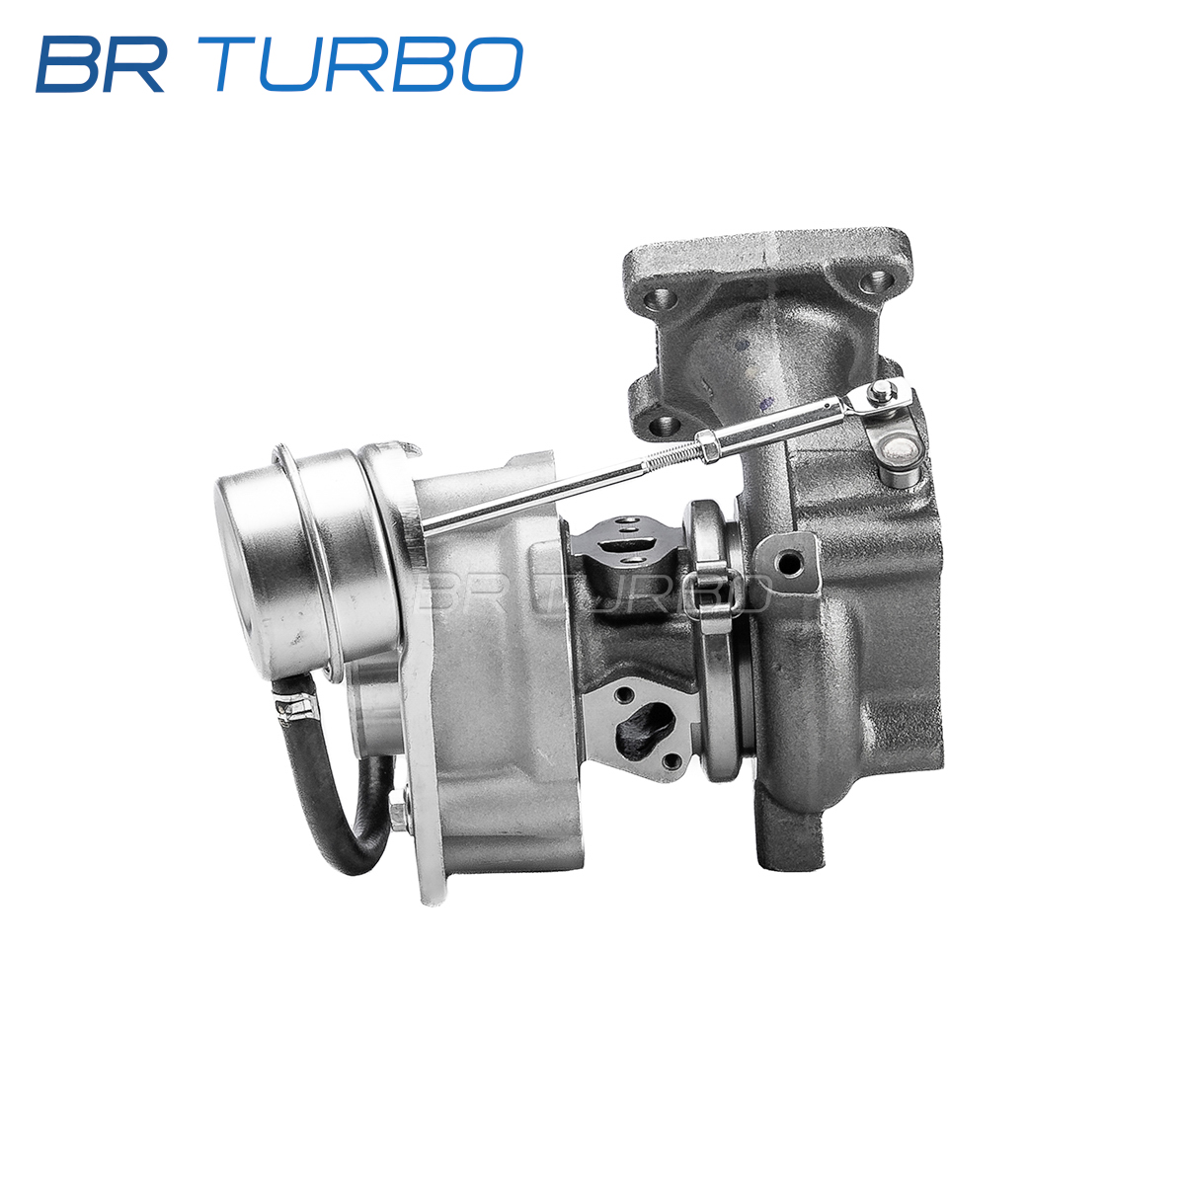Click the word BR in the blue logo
point(101,64)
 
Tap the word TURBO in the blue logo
point(368,64)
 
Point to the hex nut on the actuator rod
point(706,445)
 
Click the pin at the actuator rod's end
point(880,389)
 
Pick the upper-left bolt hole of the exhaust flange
point(663,301)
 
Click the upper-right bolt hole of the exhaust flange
point(876,282)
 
